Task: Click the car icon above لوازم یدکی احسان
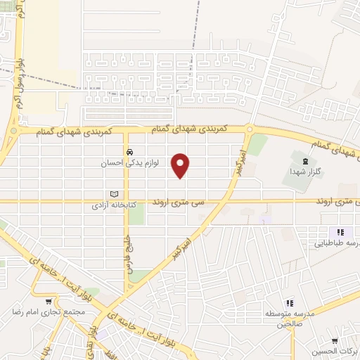point(129,152)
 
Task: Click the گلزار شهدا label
point(304,171)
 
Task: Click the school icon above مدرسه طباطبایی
point(340,232)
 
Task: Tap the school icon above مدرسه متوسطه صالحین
point(288,302)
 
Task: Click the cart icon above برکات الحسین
point(335,338)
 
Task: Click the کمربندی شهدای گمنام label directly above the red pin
point(188,129)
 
